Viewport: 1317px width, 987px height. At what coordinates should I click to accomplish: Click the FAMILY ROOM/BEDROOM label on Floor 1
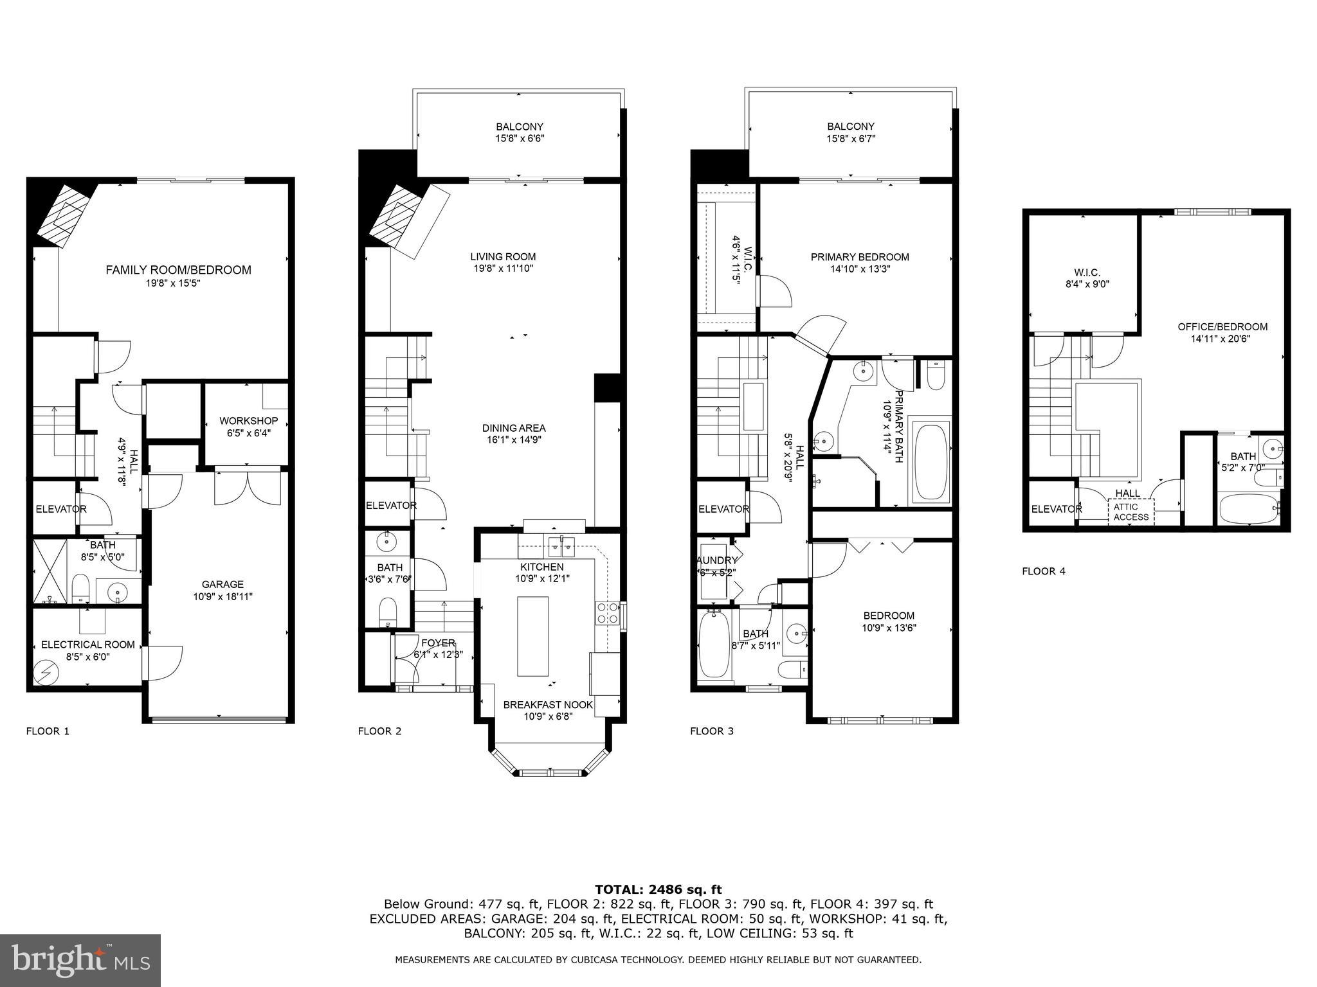coord(178,271)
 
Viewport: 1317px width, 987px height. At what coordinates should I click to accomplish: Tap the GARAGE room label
coord(223,585)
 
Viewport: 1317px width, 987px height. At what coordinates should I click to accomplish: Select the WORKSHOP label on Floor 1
coord(248,421)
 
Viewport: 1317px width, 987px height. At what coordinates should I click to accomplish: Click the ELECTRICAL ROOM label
coord(88,645)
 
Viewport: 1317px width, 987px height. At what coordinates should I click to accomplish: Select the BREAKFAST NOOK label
coord(548,705)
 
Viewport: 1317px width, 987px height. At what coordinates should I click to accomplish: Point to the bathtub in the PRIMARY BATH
coord(932,461)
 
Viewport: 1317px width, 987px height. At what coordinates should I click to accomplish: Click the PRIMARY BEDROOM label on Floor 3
coord(860,258)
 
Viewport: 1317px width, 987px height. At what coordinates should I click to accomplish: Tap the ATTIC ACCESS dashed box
coord(1131,512)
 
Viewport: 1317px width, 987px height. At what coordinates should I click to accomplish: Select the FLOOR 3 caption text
coord(712,731)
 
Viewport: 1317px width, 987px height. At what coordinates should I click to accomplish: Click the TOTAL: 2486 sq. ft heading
coord(658,890)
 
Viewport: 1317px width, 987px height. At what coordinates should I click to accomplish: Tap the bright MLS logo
coord(80,960)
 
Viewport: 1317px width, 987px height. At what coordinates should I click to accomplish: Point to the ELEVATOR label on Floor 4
coord(1056,510)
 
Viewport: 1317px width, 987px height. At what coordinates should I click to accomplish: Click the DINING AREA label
coord(514,429)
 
